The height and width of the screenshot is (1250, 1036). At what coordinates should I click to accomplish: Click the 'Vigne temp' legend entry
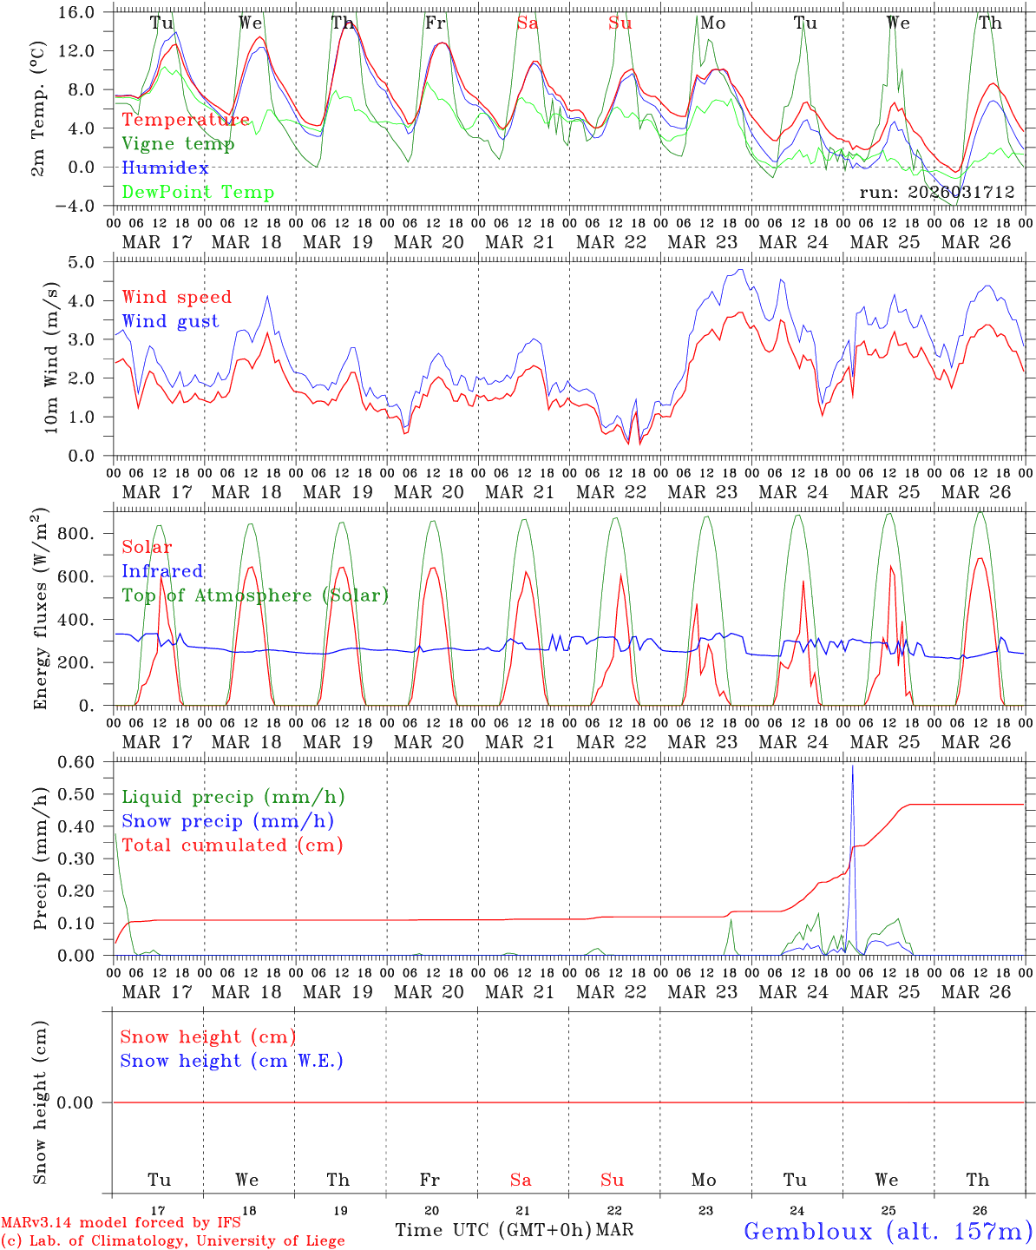178,144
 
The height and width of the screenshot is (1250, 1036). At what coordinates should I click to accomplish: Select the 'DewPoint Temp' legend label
198,193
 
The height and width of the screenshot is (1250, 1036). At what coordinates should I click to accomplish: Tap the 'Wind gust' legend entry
170,322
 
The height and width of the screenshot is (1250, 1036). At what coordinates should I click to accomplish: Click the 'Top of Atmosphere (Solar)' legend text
255,595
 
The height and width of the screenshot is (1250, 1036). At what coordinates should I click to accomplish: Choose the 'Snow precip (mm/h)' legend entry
227,821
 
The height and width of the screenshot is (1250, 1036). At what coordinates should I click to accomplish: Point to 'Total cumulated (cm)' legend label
232,845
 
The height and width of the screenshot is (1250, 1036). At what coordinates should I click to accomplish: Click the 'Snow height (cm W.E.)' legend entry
232,1061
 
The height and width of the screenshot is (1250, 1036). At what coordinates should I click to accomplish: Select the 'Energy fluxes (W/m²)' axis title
41,610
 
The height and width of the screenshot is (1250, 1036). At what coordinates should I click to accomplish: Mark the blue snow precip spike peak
852,766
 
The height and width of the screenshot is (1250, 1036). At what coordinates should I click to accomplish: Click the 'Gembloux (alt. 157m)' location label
888,1231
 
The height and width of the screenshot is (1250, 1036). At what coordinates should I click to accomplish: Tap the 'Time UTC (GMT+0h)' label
493,1230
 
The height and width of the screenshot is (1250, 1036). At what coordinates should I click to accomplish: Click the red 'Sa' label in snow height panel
521,1180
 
